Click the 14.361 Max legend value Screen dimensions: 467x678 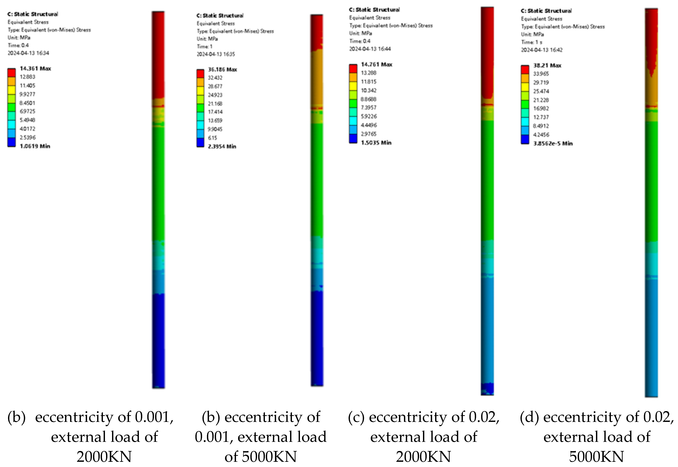35,68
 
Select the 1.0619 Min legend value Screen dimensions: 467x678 35,146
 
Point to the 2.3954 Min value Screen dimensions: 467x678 222,146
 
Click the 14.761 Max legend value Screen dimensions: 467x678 376,64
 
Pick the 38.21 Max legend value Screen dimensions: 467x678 547,66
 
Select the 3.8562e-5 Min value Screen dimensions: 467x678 553,143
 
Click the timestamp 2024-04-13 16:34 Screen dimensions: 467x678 28,53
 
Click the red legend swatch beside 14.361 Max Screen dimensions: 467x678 11,72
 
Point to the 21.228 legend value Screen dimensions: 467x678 541,100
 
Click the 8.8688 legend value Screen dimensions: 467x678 368,99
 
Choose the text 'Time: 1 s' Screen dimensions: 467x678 532,42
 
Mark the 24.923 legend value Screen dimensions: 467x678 215,95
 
